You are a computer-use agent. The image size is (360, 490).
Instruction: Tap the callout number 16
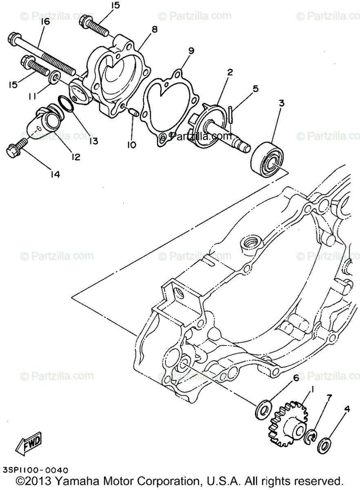44,22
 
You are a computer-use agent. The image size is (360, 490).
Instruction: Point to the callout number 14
55,174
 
